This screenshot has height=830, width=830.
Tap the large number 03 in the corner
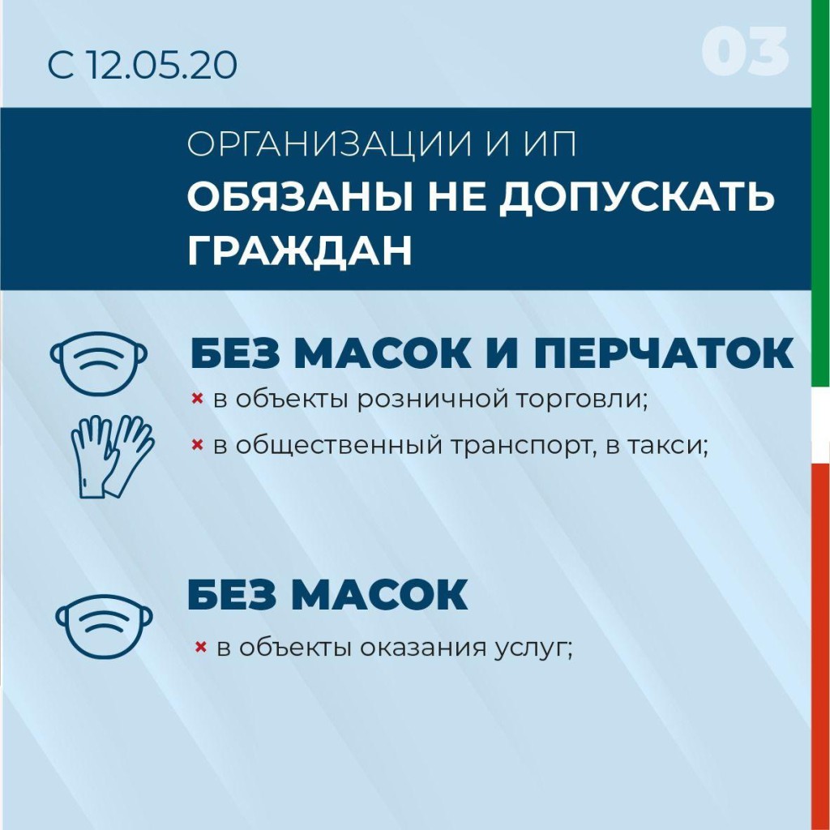[x=745, y=53]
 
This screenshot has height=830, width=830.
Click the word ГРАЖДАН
[x=299, y=250]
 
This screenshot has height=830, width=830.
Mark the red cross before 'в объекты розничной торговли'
[x=196, y=399]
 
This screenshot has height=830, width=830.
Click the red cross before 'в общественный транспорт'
[x=196, y=443]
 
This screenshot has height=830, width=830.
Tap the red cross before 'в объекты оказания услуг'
[x=199, y=647]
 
